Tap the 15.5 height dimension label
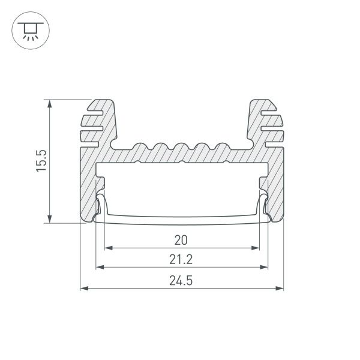(41, 161)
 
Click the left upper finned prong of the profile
(99, 121)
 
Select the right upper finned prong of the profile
(263, 121)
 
